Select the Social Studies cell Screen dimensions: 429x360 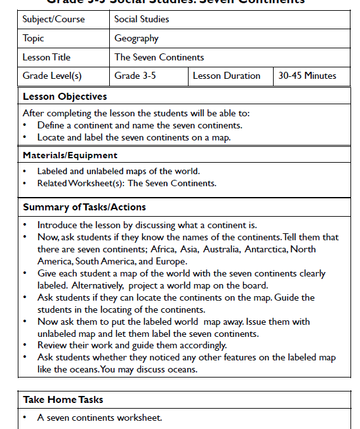142,19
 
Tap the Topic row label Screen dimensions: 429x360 34,38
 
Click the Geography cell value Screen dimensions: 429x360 136,38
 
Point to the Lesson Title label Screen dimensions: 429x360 46,57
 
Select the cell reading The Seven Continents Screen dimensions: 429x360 159,57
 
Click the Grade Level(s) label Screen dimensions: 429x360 52,76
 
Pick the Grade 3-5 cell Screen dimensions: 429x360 136,76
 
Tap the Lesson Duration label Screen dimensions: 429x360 226,76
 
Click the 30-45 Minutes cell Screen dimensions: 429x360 307,76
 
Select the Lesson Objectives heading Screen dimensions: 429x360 65,97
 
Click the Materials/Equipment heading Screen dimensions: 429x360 70,155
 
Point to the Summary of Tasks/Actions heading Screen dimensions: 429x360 84,207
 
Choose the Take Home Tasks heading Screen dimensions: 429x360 63,400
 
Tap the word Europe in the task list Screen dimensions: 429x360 170,261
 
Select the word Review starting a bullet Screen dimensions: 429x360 53,345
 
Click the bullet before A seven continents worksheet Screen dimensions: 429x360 24,418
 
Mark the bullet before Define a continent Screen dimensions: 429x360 24,125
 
